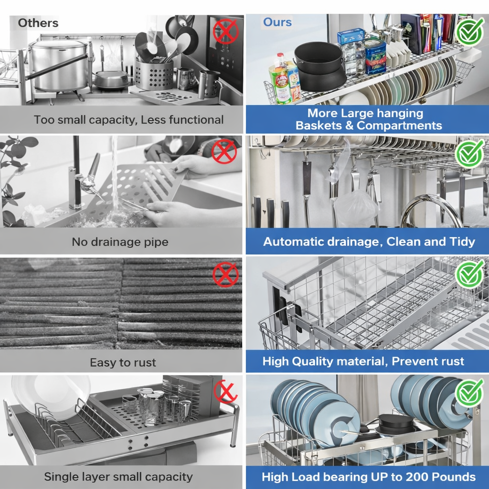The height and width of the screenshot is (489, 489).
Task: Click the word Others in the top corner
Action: click(x=38, y=23)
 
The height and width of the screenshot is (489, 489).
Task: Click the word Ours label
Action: click(x=277, y=22)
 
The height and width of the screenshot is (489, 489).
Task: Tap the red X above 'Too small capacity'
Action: click(x=226, y=32)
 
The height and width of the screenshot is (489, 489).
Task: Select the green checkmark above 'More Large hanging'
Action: click(x=470, y=31)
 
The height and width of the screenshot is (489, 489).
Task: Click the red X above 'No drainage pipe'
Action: click(x=224, y=151)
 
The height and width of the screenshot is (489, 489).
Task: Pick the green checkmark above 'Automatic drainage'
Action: click(x=469, y=154)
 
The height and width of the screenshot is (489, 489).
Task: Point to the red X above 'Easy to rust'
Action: click(x=225, y=275)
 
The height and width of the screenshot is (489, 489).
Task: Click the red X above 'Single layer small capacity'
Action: click(x=225, y=392)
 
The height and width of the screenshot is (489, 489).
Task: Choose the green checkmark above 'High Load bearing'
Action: click(x=469, y=393)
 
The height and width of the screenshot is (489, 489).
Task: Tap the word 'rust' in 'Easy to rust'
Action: click(x=145, y=362)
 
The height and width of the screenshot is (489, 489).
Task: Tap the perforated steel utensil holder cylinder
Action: click(x=154, y=74)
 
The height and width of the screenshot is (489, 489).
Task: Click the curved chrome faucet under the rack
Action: click(x=431, y=209)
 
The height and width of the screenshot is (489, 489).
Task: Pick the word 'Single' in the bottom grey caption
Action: click(x=61, y=477)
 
